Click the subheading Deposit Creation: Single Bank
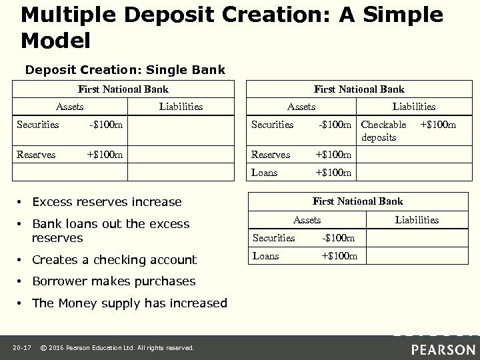click(125, 69)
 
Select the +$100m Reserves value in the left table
click(105, 155)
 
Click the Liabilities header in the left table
click(181, 106)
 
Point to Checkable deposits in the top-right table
click(383, 131)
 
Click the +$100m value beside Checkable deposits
click(437, 124)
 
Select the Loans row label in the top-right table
click(264, 173)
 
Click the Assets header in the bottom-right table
click(307, 219)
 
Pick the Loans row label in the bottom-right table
click(266, 256)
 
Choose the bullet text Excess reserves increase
click(106, 202)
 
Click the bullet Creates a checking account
click(114, 260)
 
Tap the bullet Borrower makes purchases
click(113, 281)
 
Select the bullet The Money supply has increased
click(129, 303)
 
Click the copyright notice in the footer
click(117, 347)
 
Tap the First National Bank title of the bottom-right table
click(358, 201)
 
